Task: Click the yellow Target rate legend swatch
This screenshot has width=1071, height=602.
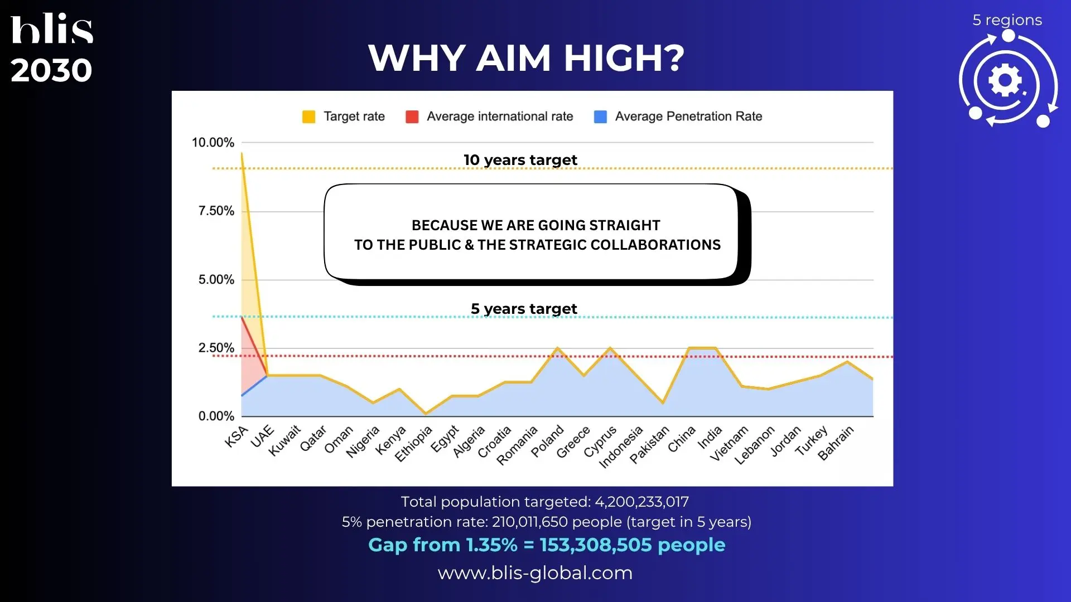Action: (x=308, y=116)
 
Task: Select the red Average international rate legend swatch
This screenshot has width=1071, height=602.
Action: (x=412, y=116)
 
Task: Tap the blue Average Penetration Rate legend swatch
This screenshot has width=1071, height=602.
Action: (x=600, y=116)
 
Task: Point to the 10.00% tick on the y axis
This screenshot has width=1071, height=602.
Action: (x=213, y=143)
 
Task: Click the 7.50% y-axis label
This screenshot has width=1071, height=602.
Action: (x=216, y=211)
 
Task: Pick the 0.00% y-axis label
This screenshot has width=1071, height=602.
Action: (x=216, y=416)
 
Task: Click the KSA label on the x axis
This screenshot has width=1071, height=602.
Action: (x=236, y=436)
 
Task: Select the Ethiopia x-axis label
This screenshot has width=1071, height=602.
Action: (x=413, y=444)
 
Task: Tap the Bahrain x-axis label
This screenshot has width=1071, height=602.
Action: (x=836, y=443)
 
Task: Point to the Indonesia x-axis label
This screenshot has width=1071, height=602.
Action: (x=621, y=447)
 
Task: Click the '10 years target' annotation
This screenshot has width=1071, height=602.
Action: (x=520, y=160)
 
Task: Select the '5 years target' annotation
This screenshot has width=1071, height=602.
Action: (x=524, y=309)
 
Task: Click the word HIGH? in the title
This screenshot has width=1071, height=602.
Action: (x=624, y=58)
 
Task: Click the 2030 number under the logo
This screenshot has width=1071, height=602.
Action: (x=51, y=70)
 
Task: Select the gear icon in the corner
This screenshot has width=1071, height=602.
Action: (x=1005, y=81)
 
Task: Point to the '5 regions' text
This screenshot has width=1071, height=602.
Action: (x=1007, y=20)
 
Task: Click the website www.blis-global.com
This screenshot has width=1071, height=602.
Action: (x=535, y=573)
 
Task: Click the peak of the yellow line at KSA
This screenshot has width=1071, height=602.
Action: (x=242, y=153)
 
